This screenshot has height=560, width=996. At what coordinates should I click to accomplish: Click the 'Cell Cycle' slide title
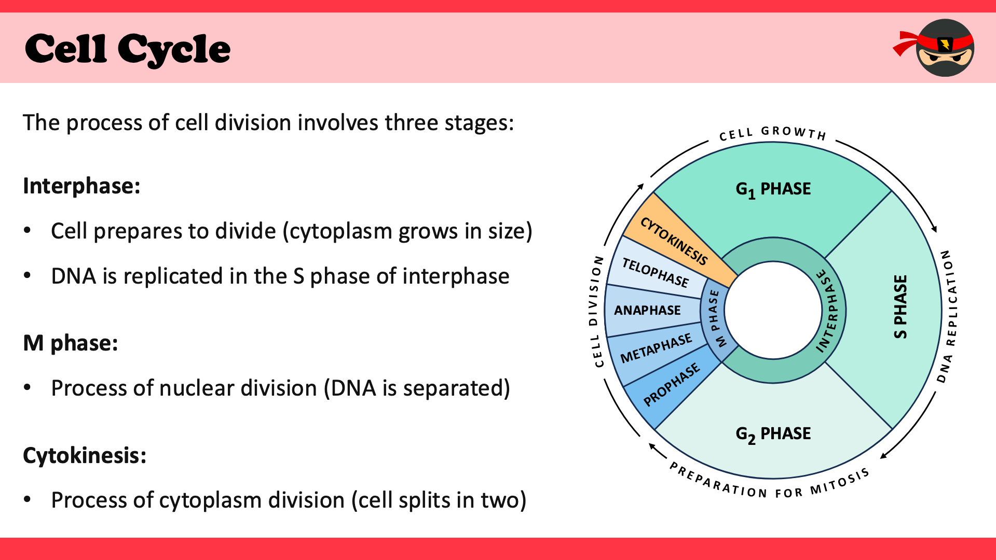(127, 49)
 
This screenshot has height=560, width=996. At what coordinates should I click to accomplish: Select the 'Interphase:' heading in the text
(81, 186)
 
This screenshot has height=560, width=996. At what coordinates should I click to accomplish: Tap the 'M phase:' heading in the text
(71, 343)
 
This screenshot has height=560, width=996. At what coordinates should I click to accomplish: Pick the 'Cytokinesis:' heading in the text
(85, 455)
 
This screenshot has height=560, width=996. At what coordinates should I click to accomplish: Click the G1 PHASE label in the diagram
(773, 189)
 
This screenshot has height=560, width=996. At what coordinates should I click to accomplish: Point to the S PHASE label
(901, 307)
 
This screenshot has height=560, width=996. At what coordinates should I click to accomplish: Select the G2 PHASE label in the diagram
(773, 434)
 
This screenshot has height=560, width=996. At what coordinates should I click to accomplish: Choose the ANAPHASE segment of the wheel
(647, 310)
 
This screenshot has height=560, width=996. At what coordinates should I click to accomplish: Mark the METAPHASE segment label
(656, 348)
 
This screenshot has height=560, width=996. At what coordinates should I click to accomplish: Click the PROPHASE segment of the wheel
(672, 385)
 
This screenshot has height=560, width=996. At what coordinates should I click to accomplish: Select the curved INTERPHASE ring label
(829, 311)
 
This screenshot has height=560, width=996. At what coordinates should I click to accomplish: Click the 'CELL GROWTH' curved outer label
(772, 133)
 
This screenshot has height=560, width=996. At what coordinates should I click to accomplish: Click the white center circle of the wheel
(773, 310)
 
